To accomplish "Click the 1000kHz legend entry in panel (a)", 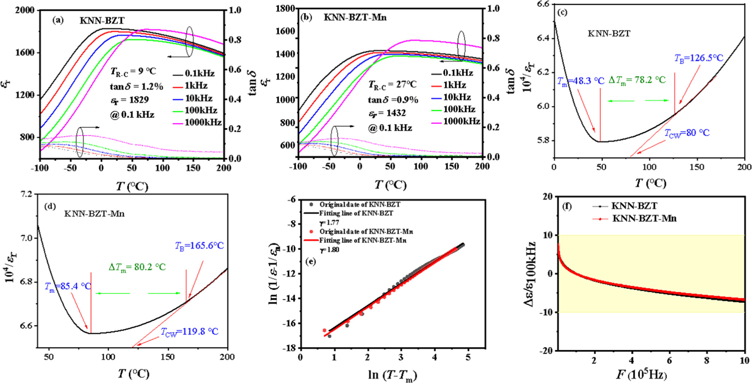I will tap(203, 122).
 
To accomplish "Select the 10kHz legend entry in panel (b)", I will tap(457, 97).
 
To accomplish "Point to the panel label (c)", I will tap(562, 12).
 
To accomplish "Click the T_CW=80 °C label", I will tap(687, 133).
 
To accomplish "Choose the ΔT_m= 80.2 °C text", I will tap(137, 267).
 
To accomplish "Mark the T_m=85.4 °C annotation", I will tap(68, 286).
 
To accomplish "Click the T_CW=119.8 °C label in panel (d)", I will tap(189, 332).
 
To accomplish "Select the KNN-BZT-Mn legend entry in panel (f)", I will tap(644, 218).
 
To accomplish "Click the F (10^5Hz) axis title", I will tap(642, 375).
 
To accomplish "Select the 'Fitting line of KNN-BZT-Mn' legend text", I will tap(363, 241).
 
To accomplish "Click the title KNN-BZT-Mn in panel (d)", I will tap(94, 214).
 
